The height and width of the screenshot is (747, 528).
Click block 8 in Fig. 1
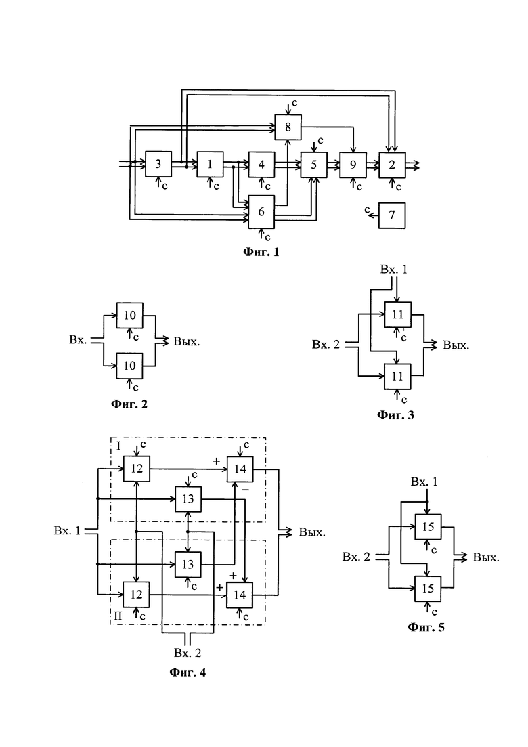click(288, 127)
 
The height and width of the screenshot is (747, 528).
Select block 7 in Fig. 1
click(392, 215)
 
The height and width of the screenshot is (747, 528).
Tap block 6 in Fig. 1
click(261, 211)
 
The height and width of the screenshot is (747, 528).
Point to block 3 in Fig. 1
click(158, 165)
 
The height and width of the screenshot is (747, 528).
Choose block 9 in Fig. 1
click(353, 165)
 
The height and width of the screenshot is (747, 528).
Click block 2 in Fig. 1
click(392, 165)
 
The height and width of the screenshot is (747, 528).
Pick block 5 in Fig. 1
click(313, 165)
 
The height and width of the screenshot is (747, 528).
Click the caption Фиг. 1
click(261, 252)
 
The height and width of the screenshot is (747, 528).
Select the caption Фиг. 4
click(188, 673)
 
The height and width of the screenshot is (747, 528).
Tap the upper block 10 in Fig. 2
click(130, 315)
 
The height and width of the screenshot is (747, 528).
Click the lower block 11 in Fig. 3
click(397, 377)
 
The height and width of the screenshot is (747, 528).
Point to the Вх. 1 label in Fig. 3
click(394, 269)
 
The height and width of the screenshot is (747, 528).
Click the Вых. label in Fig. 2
click(187, 341)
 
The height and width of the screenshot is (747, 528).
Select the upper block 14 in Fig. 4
click(240, 469)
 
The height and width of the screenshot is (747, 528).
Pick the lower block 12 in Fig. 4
click(136, 595)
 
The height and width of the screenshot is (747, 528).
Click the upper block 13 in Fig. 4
click(188, 499)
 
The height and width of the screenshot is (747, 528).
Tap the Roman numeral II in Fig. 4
click(118, 616)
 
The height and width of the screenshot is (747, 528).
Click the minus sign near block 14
click(245, 490)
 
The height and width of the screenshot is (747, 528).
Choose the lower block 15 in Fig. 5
click(428, 589)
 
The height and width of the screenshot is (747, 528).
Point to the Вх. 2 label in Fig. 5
click(356, 557)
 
